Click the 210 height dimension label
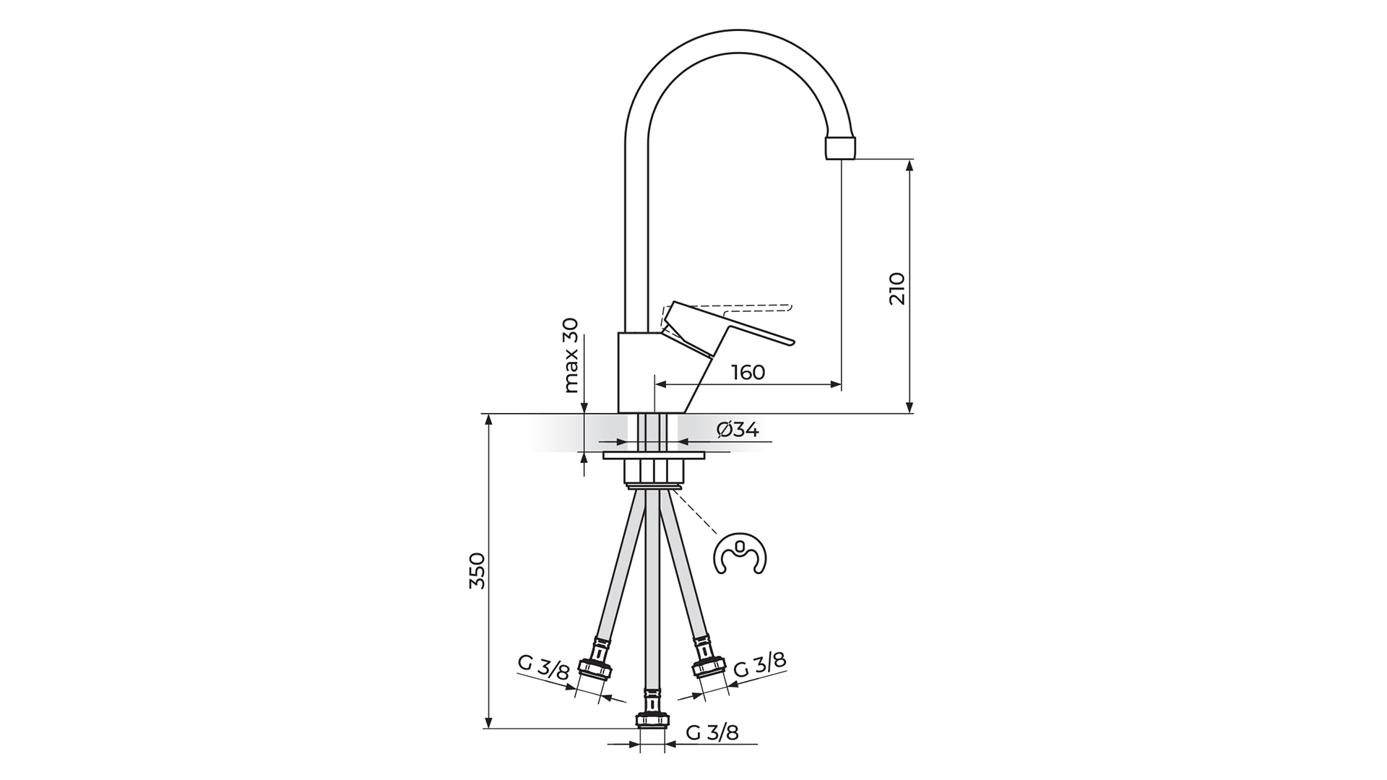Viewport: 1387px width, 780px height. [896, 288]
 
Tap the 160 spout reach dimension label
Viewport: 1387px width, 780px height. [748, 373]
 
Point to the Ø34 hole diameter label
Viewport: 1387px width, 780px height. [738, 430]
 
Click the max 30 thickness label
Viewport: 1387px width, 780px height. [571, 355]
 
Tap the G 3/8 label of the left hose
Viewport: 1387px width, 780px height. [544, 669]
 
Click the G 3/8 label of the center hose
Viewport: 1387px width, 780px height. [712, 733]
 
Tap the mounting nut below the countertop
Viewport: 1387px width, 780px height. [654, 472]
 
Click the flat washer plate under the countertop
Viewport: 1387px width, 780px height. [654, 456]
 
